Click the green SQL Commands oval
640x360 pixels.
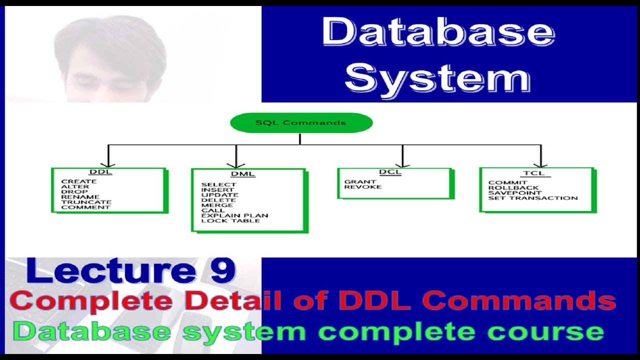301,123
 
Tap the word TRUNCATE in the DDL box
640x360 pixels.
86,202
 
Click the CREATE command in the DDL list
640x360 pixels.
79,181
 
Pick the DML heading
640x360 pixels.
242,174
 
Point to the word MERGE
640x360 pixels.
217,205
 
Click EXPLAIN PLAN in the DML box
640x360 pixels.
234,215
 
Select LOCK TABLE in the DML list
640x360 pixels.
230,220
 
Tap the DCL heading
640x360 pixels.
390,172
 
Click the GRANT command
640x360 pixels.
360,182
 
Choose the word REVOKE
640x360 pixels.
362,187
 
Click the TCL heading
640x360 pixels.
533,173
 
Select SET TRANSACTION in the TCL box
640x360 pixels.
533,198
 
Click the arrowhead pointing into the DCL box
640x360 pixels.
402,163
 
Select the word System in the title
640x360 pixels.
437,78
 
